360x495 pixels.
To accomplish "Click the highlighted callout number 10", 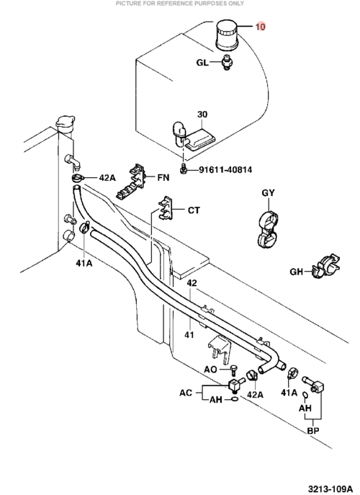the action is pos(261,27).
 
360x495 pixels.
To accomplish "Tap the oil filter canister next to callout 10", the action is pos(227,35).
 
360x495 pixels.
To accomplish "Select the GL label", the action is pos(202,63).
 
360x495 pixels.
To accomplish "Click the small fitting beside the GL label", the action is pos(226,62).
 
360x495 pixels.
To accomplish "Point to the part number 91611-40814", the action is pos(225,170).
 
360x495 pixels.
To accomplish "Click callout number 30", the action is pos(202,115).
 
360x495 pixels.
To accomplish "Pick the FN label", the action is pos(163,178).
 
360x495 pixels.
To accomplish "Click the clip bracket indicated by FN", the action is pos(130,182).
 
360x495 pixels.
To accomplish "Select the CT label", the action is pos(194,210).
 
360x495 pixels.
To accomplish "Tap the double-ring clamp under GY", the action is pos(268,230).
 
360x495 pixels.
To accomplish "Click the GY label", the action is pos(268,192).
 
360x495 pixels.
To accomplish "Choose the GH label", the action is pos(296,272).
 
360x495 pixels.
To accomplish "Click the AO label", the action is pos(210,370).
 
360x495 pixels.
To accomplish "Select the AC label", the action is pos(186,393).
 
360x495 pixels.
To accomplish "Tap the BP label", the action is pos(313,431).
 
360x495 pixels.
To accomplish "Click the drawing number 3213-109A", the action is pos(330,489).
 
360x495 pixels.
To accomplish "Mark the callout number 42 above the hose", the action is pos(192,283).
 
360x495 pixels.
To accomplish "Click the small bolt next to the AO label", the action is pos(234,370).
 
